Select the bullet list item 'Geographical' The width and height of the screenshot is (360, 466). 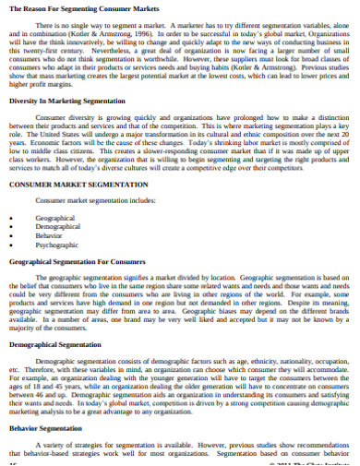click(54, 217)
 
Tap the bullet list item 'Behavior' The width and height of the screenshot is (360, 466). click(50, 235)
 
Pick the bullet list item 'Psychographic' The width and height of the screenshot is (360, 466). click(57, 245)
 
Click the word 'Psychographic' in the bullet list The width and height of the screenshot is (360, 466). click(57, 245)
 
